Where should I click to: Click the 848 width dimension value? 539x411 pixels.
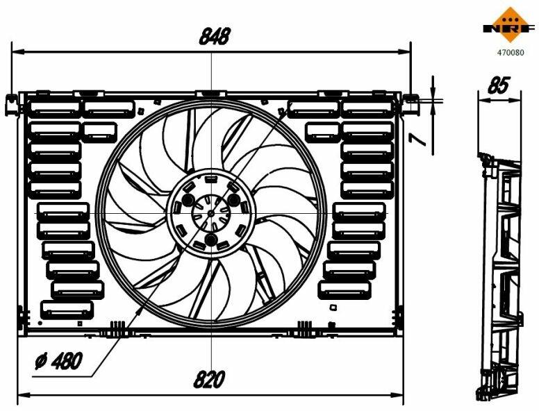pos(215,36)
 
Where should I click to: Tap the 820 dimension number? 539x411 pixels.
pos(209,379)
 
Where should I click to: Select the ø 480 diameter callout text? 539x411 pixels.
pos(59,360)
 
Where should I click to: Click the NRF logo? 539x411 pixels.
pos(510,24)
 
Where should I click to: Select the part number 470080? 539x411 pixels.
pos(511,53)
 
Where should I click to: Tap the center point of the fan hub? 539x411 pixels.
pos(211,213)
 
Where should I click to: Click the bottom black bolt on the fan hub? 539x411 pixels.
pos(210,240)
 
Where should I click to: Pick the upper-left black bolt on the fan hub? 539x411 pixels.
pos(188,199)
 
